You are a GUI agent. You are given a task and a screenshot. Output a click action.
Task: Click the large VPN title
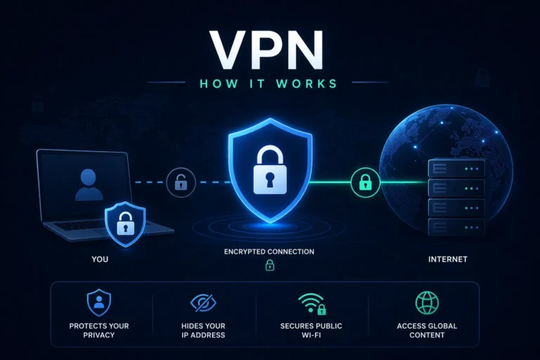click(x=266, y=50)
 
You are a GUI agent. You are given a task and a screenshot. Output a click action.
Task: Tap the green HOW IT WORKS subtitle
click(x=269, y=84)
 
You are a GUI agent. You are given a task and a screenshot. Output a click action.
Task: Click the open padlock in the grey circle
click(x=181, y=182)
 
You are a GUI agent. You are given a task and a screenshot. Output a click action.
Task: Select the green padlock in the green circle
click(x=366, y=182)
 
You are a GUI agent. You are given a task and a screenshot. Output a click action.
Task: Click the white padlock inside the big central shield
click(x=270, y=169)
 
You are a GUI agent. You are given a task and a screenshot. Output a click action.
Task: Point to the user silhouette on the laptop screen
click(x=89, y=185)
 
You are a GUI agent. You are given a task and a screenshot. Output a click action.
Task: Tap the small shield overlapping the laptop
click(x=125, y=224)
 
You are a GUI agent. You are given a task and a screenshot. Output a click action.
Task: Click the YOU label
click(x=100, y=259)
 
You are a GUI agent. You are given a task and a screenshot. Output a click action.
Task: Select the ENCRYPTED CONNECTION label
click(x=269, y=252)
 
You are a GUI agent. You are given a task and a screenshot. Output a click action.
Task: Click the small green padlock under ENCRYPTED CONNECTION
click(x=270, y=265)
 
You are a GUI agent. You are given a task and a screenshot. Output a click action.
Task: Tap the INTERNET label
click(x=448, y=259)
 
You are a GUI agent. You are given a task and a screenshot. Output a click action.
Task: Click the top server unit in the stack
click(x=456, y=169)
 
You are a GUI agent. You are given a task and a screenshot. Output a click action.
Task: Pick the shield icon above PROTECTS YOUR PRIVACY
click(x=99, y=303)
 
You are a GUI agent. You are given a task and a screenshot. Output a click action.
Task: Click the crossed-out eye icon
click(x=203, y=303)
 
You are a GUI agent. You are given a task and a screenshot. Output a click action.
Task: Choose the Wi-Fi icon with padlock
click(x=312, y=304)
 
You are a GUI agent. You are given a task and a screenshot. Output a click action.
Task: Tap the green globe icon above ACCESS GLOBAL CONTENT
click(x=427, y=303)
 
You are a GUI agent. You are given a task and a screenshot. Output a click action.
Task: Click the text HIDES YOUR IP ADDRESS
click(x=203, y=330)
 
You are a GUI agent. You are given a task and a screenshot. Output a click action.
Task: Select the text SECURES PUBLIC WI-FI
click(x=311, y=330)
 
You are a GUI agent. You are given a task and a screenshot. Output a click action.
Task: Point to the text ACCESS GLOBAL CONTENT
click(x=427, y=330)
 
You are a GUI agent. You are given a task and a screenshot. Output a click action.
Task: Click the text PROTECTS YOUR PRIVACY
click(x=99, y=330)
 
